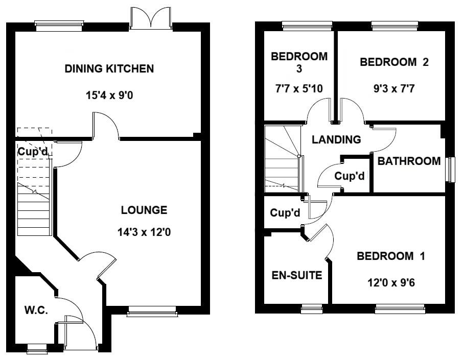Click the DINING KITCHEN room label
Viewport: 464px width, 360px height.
tap(109, 68)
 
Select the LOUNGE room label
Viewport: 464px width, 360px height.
tap(144, 210)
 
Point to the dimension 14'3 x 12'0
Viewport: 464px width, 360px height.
tap(144, 232)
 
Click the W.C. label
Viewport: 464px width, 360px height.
tap(36, 310)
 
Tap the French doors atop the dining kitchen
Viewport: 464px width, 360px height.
tap(151, 17)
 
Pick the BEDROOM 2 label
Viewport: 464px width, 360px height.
tap(394, 62)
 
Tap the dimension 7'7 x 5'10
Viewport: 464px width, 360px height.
tap(299, 88)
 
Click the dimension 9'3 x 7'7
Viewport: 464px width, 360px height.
tap(394, 88)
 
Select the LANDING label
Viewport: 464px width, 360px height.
tap(336, 139)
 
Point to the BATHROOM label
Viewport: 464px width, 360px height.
tap(409, 161)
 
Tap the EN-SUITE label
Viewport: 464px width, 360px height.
tap(296, 276)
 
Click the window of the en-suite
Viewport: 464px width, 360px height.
tap(312, 308)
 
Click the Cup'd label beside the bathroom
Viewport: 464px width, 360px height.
tap(350, 176)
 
